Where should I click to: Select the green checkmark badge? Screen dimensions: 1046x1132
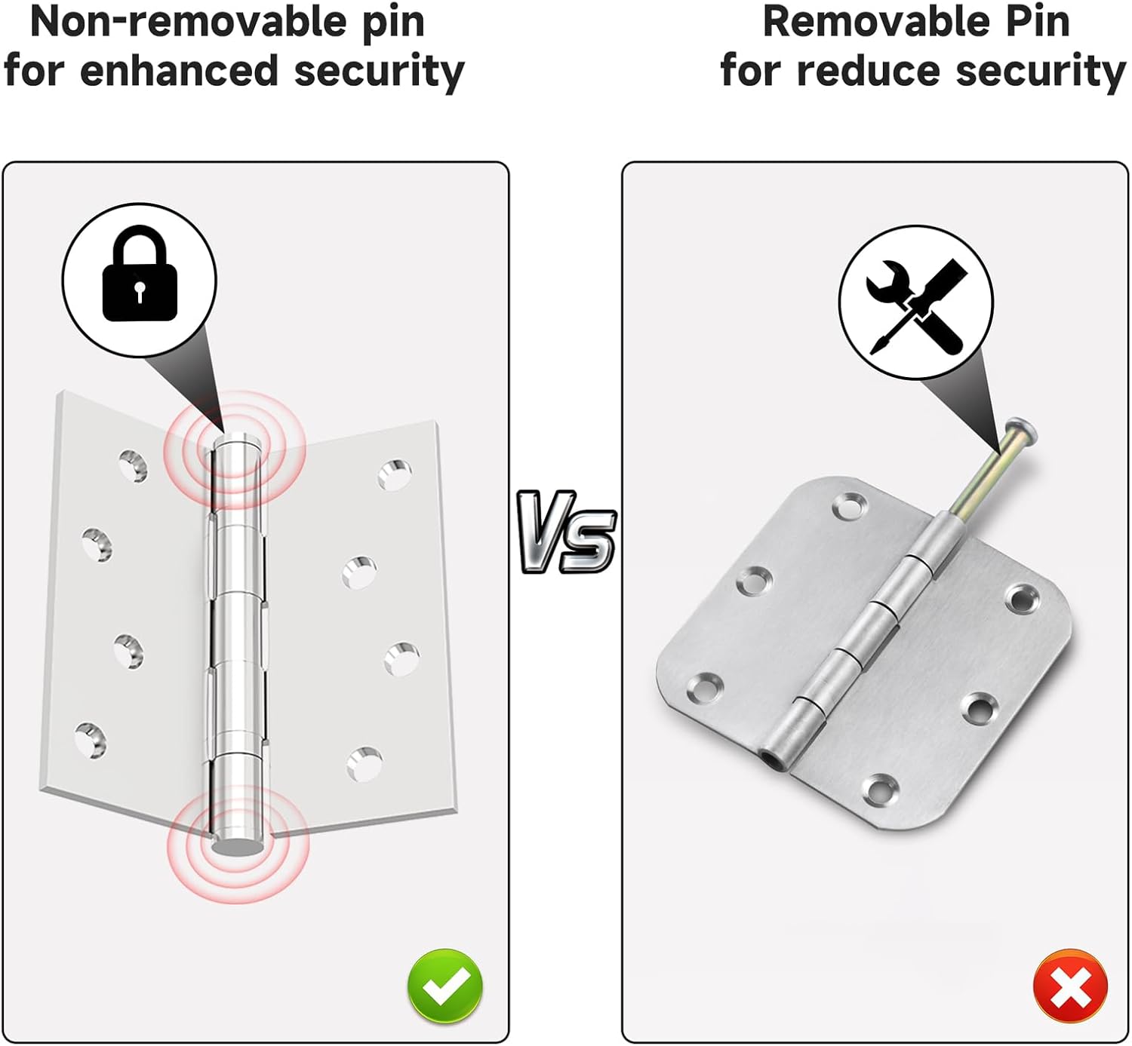tap(444, 986)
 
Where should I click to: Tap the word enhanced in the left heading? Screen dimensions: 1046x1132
tap(179, 72)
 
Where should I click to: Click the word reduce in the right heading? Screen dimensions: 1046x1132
tap(868, 72)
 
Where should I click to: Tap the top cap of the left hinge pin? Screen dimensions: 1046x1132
tap(237, 444)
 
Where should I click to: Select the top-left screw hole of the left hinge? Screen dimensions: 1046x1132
tap(134, 465)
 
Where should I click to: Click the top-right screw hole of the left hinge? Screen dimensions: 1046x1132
tap(395, 475)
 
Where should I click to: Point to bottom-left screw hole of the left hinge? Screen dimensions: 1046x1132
tap(91, 739)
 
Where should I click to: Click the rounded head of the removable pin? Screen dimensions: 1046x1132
tap(1023, 429)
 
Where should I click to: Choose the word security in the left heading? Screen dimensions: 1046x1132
tap(378, 72)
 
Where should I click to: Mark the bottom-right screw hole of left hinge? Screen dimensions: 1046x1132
tap(365, 763)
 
